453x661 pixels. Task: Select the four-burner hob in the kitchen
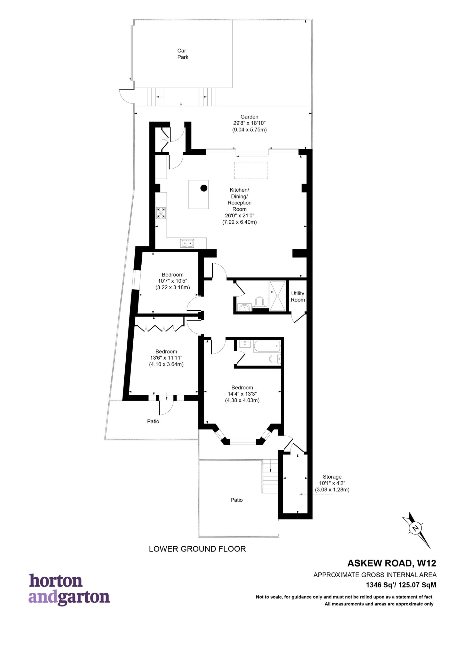point(161,213)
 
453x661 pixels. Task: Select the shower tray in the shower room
point(277,295)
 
